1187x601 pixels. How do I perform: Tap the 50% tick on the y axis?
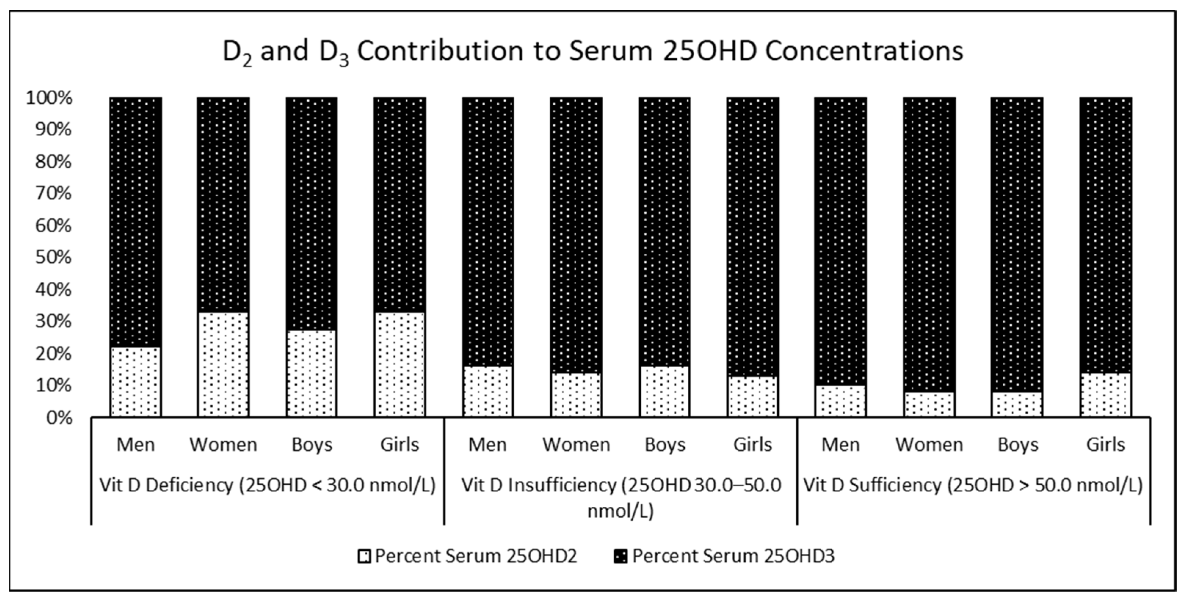(x=54, y=258)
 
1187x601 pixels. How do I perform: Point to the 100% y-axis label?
(x=49, y=98)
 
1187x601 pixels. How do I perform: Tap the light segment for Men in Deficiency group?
(x=135, y=382)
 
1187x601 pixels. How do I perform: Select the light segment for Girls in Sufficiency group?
(x=1106, y=395)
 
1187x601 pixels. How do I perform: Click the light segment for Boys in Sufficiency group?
(x=1017, y=405)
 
